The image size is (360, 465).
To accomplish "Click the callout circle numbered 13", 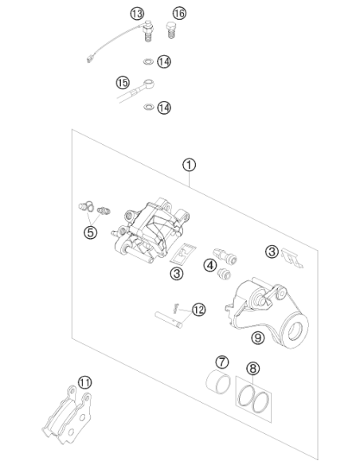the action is pos(137,14).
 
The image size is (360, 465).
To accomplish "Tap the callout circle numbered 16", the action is pos(179,13).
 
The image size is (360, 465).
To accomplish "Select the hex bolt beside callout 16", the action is pos(170,30).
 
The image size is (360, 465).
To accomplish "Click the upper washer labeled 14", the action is pos(147,61).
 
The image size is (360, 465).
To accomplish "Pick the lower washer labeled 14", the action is pos(148,107).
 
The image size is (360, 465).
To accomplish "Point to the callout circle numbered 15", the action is pos(123,83).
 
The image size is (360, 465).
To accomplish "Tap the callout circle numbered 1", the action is pos(190,165).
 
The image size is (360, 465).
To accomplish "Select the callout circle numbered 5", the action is pos(91,232).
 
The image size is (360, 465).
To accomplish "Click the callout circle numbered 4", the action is pos(210,265).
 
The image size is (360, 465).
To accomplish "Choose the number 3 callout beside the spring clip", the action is pos(272,252).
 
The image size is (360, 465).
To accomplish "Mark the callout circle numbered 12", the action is pos(198,310).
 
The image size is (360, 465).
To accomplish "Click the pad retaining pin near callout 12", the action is pos(168,320).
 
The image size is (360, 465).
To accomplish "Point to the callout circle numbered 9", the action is pos(258,338).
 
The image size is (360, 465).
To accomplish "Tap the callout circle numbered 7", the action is pos(221,362).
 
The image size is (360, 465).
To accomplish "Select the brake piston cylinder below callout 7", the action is pos(218,382).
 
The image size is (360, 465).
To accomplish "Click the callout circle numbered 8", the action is pos(252,369).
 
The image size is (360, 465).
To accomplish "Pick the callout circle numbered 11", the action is pos(84,382).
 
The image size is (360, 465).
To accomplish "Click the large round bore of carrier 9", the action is pos(295,331).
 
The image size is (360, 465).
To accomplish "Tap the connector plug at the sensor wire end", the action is pos(88,60).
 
